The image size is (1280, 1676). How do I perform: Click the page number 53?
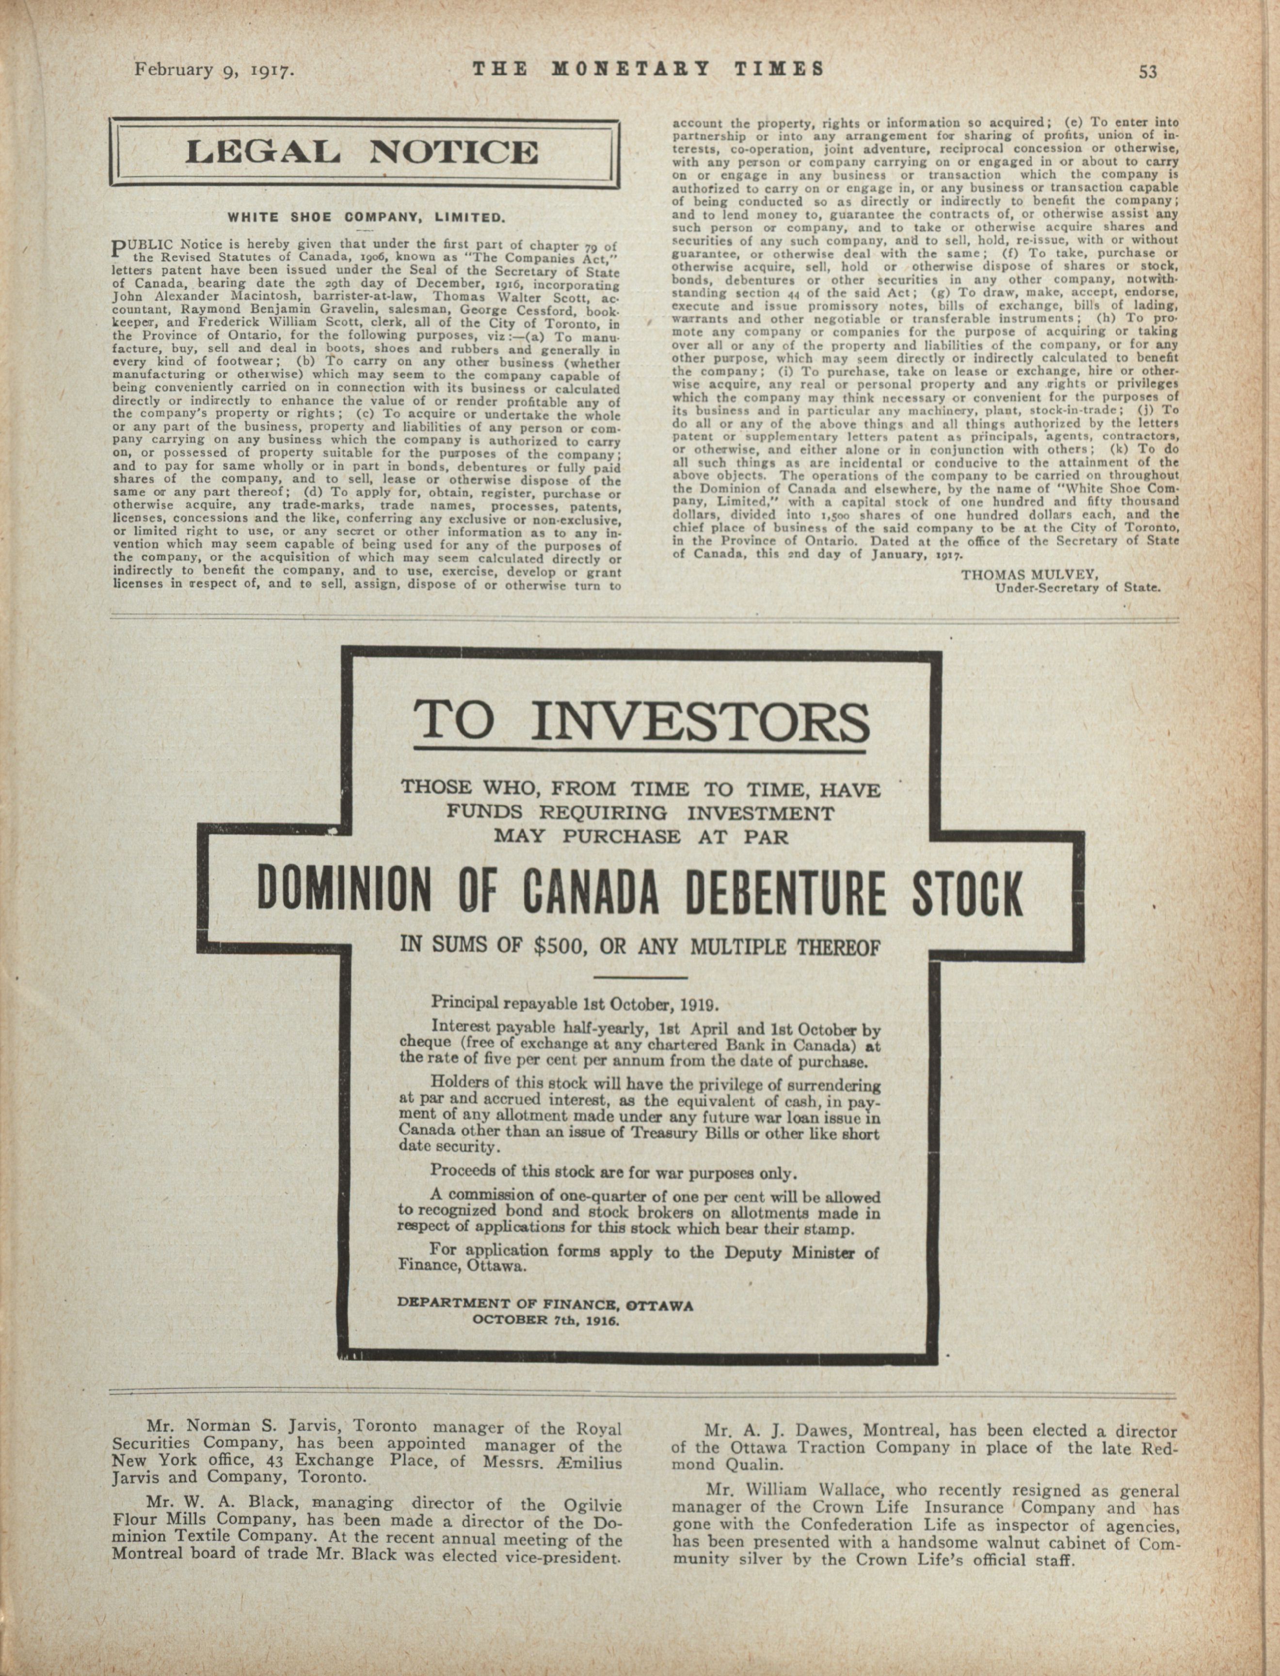tap(1148, 72)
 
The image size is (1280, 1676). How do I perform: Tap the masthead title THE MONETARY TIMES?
tap(648, 69)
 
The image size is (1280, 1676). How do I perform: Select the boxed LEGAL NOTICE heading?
tap(364, 152)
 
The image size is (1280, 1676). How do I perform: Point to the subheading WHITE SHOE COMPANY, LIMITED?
tap(367, 217)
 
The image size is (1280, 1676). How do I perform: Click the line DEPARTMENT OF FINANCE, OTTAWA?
tap(545, 1304)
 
